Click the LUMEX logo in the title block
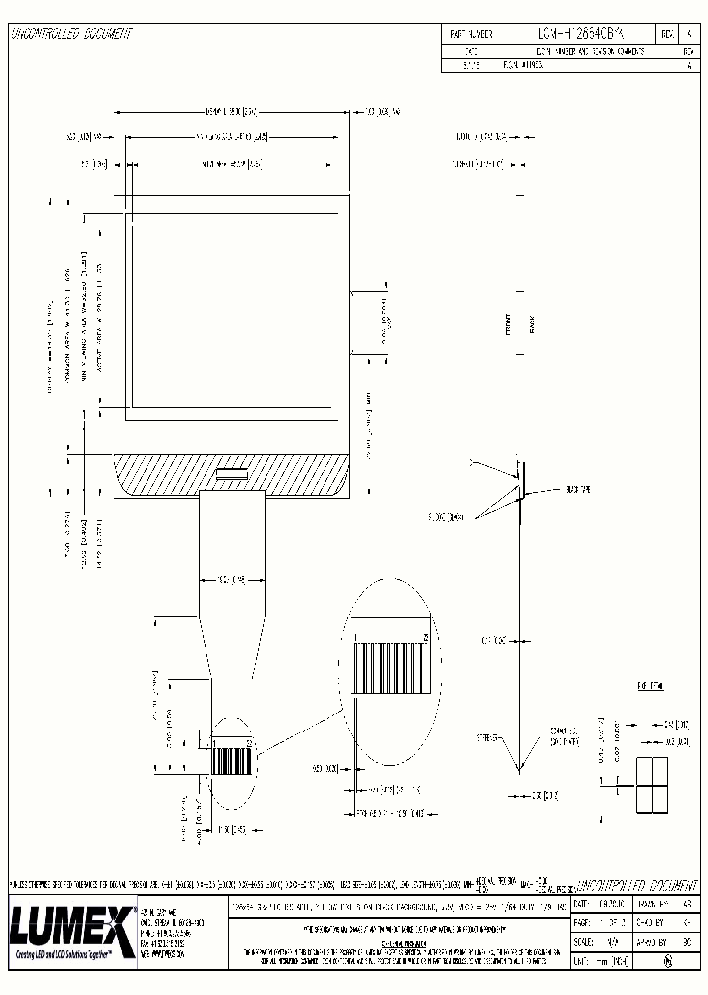[71, 923]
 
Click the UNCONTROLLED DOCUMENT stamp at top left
[71, 34]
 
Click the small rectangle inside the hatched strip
[233, 473]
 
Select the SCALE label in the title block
[584, 941]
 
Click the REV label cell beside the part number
[666, 33]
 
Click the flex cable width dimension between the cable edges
[232, 579]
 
